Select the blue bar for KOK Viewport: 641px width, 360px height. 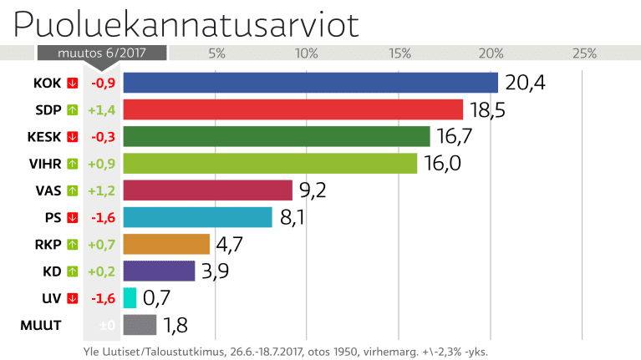(310, 83)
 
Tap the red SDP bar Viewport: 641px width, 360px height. (293, 109)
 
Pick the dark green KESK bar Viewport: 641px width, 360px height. (276, 136)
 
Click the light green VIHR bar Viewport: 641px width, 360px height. (270, 163)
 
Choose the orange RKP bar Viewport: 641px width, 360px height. (166, 244)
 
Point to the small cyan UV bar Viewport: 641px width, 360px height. (130, 297)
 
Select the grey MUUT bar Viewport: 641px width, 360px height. (140, 324)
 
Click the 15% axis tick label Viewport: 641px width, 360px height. (399, 53)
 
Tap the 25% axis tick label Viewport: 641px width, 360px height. (583, 53)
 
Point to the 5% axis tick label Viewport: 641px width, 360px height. (216, 53)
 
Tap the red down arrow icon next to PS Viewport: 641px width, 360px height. (73, 217)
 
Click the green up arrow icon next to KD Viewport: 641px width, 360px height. (73, 271)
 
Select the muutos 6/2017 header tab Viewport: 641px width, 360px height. (101, 53)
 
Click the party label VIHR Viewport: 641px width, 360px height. (47, 163)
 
